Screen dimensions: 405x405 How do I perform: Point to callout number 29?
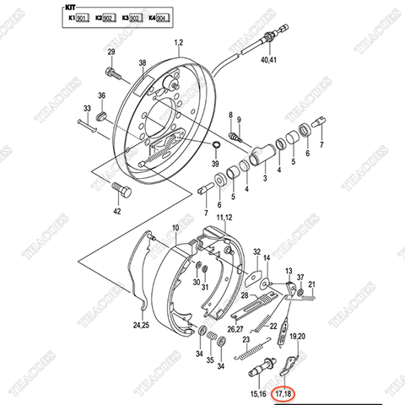pyautogui.click(x=111, y=54)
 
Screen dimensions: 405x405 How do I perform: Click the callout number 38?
pyautogui.click(x=143, y=62)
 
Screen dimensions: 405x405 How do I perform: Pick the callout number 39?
pyautogui.click(x=215, y=163)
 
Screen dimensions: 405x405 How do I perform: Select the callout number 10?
pyautogui.click(x=175, y=228)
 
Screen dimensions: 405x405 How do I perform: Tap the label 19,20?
pyautogui.click(x=298, y=336)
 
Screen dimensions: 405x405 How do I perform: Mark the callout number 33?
pyautogui.click(x=87, y=108)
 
